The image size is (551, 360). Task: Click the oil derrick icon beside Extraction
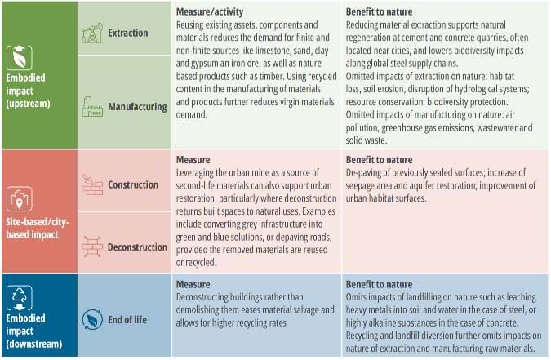92,33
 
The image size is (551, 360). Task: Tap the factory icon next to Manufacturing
92,106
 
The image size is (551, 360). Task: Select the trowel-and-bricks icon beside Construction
92,184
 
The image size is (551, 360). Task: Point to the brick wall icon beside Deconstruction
92,247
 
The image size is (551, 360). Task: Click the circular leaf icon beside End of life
92,319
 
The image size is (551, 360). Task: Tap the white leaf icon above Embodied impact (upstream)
20,58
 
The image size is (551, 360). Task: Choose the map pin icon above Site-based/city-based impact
20,199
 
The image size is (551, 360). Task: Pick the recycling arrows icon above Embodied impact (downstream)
20,297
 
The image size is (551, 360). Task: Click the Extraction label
128,33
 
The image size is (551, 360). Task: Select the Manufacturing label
137,107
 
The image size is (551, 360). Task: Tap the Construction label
133,184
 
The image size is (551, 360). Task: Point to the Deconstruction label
137,247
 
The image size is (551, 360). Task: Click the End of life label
127,319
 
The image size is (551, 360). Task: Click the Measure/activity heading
210,12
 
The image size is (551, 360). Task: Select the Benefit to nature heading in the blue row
379,284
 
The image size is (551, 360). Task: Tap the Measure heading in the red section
193,160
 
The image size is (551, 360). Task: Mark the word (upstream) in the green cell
28,104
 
